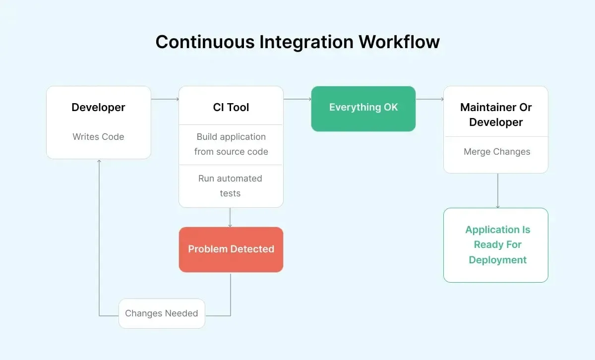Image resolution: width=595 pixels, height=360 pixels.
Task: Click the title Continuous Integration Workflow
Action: (x=297, y=42)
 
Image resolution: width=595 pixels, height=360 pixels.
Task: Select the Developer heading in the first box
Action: (x=98, y=107)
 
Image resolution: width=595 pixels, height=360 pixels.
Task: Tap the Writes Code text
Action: (x=98, y=137)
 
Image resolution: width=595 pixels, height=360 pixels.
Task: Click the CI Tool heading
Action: (x=231, y=107)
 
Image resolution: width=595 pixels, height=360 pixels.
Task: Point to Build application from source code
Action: (x=231, y=144)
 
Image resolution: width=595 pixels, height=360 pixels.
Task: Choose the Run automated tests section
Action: (x=231, y=186)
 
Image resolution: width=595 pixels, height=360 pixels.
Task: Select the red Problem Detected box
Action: (x=231, y=249)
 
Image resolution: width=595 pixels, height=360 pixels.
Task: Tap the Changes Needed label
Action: (x=162, y=313)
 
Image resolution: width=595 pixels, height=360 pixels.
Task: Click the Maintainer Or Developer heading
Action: (x=496, y=115)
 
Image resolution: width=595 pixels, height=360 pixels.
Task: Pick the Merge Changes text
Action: (x=497, y=152)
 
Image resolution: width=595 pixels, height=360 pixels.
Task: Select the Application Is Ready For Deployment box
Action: (x=496, y=245)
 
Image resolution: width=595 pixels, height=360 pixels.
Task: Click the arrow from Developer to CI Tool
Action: (x=165, y=99)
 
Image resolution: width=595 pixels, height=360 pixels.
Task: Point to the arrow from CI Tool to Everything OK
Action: (x=297, y=99)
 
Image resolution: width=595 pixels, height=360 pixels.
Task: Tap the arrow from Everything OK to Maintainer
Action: (x=429, y=99)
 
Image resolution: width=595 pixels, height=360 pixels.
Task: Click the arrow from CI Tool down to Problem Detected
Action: (x=230, y=217)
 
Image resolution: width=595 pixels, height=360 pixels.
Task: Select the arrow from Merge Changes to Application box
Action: (x=497, y=191)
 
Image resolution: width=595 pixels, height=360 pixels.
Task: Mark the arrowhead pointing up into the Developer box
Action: (x=99, y=162)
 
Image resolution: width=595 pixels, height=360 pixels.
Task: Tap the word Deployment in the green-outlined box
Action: (x=497, y=260)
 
